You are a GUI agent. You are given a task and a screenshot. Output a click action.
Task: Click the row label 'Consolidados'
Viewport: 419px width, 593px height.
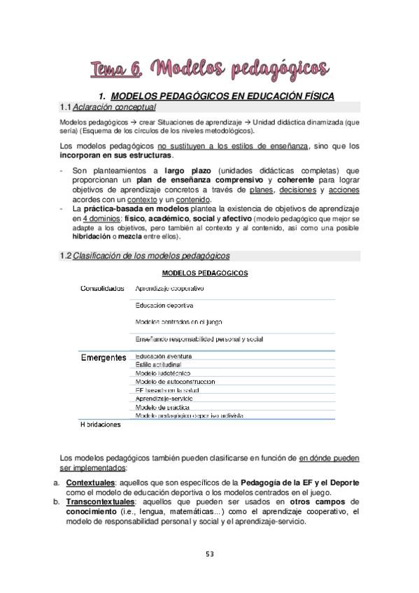pyautogui.click(x=102, y=287)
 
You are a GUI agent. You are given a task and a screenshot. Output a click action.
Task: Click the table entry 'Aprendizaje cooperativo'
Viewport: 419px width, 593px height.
pyautogui.click(x=169, y=287)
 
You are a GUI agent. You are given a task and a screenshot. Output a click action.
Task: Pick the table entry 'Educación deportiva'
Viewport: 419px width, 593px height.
pyautogui.click(x=164, y=305)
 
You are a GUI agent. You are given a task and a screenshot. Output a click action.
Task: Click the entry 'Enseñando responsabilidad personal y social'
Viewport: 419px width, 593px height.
pyautogui.click(x=199, y=339)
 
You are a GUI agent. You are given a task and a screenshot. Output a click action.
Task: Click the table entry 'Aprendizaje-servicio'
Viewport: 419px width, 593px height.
pyautogui.click(x=164, y=398)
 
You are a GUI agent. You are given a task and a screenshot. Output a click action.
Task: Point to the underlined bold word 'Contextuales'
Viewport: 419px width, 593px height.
pyautogui.click(x=90, y=483)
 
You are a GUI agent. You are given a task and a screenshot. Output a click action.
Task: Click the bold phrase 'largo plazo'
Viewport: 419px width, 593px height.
pyautogui.click(x=188, y=170)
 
